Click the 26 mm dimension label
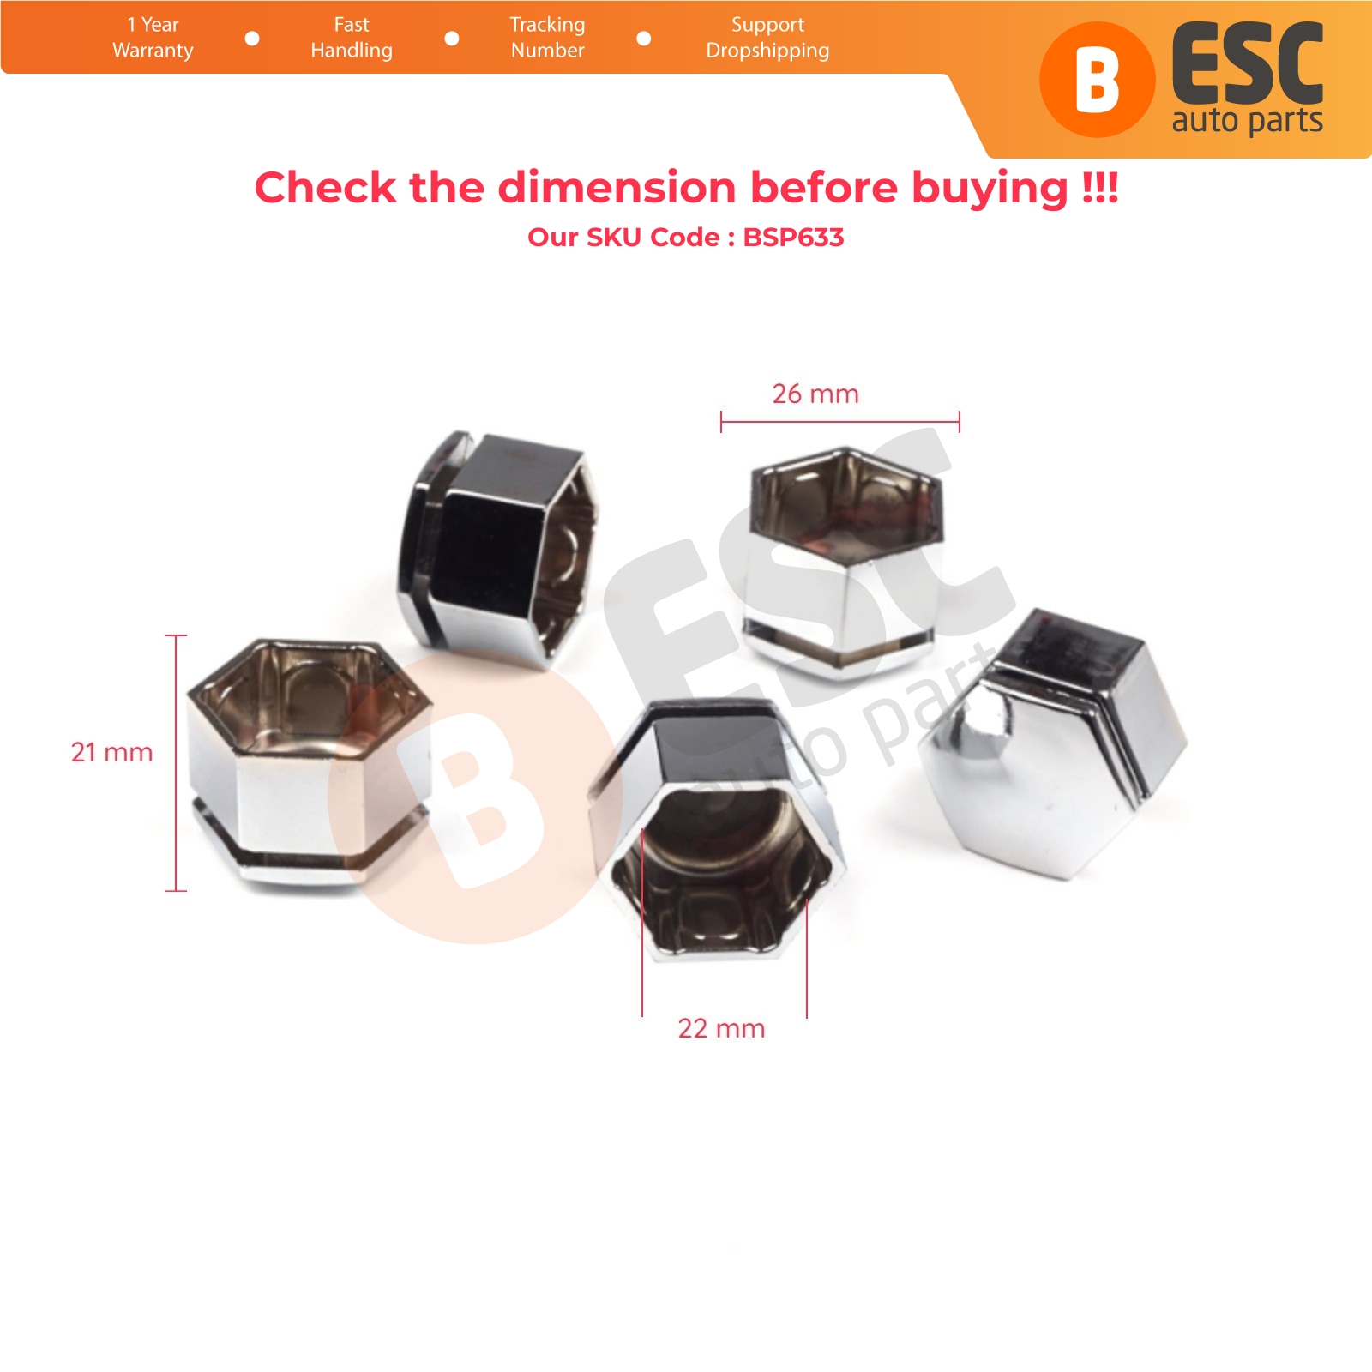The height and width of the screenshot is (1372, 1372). [x=815, y=394]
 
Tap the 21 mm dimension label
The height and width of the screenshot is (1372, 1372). [x=111, y=752]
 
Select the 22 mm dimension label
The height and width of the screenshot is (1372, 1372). [x=721, y=1028]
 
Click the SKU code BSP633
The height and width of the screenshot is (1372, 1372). [x=793, y=237]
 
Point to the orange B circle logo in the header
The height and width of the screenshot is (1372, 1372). [x=1097, y=80]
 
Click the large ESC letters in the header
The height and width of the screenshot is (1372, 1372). [x=1248, y=64]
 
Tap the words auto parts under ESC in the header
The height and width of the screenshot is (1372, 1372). [x=1248, y=121]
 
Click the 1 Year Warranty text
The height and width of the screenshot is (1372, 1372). [x=153, y=38]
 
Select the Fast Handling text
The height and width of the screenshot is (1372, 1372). [x=352, y=38]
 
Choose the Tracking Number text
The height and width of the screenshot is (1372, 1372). [x=547, y=38]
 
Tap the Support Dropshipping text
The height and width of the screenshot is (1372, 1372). [x=767, y=38]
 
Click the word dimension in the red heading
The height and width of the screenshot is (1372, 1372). [x=617, y=187]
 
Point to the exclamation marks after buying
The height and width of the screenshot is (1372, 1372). [x=1100, y=187]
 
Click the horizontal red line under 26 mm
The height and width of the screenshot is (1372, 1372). [x=840, y=422]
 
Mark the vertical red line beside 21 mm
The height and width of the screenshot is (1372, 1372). [x=176, y=763]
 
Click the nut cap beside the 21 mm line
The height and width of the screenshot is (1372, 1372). [x=310, y=761]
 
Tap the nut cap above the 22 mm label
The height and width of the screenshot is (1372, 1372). [x=719, y=830]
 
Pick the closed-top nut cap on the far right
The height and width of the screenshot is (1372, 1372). [x=1054, y=743]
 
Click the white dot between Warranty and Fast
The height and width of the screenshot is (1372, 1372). [x=252, y=39]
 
